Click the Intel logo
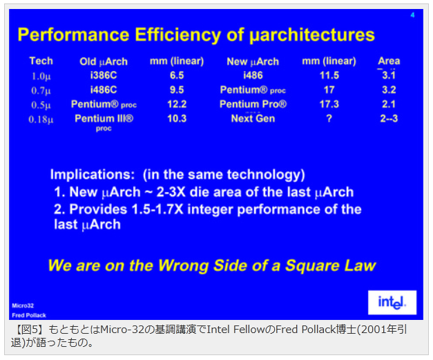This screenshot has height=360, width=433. (x=392, y=302)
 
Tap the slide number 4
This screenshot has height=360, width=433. (x=412, y=15)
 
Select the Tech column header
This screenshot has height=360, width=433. (x=41, y=61)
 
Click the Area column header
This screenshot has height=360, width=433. (x=389, y=61)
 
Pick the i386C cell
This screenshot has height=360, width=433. (x=104, y=75)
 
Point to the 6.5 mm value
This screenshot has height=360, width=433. (x=177, y=75)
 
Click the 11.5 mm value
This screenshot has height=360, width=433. (x=329, y=75)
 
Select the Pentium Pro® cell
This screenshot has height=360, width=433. (x=253, y=104)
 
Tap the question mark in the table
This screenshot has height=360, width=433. (x=329, y=119)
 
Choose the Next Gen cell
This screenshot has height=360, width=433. (x=253, y=119)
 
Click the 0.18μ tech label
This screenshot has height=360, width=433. (x=41, y=120)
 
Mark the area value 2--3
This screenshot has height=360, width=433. (x=389, y=119)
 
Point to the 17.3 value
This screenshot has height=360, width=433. (x=329, y=104)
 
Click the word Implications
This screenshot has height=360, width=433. (x=93, y=175)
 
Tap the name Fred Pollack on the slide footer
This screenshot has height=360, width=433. (x=29, y=315)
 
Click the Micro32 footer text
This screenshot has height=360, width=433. (x=23, y=305)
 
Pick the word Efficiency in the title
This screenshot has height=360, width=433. (x=178, y=35)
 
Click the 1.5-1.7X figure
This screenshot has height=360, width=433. (x=157, y=209)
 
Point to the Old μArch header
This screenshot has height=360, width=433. (x=104, y=61)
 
